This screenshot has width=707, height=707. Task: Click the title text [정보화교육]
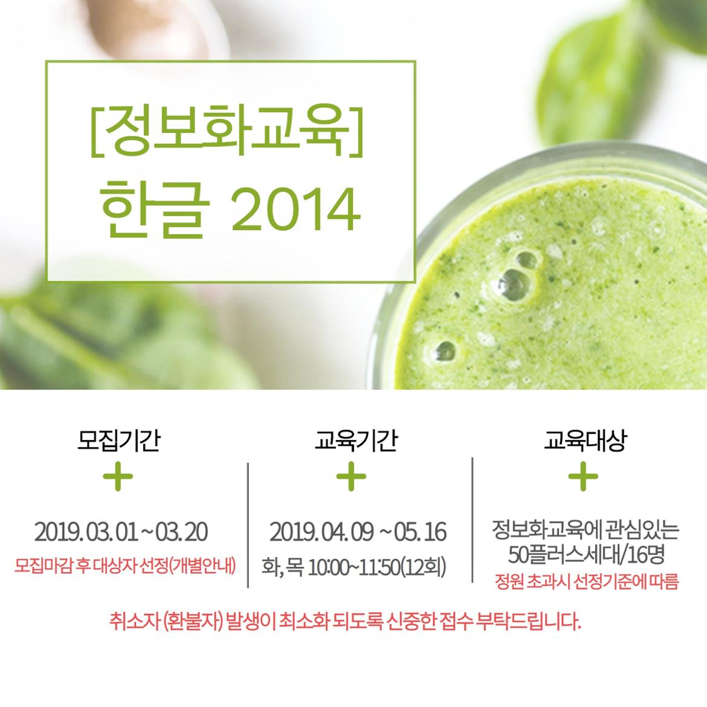click(227, 130)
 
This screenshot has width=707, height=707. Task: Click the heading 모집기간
click(118, 440)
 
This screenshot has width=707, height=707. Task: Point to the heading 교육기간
click(356, 440)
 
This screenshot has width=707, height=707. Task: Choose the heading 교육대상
click(585, 440)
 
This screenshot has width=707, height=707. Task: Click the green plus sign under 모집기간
click(118, 476)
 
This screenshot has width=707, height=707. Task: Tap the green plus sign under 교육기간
click(351, 476)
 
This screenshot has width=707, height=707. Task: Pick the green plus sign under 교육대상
click(583, 476)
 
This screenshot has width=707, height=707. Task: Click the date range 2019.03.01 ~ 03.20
click(121, 532)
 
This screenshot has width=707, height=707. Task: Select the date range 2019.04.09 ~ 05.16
click(358, 532)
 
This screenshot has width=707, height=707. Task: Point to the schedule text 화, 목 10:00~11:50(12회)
click(353, 567)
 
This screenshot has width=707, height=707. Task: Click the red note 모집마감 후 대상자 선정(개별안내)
click(125, 566)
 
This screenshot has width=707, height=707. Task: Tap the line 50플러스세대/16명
click(586, 555)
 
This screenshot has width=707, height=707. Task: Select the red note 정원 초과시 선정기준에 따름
click(586, 582)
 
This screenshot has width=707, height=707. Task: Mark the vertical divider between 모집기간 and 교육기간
click(248, 525)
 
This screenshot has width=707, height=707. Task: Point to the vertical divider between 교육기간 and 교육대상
click(472, 520)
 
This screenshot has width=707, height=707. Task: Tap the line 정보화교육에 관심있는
click(586, 531)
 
